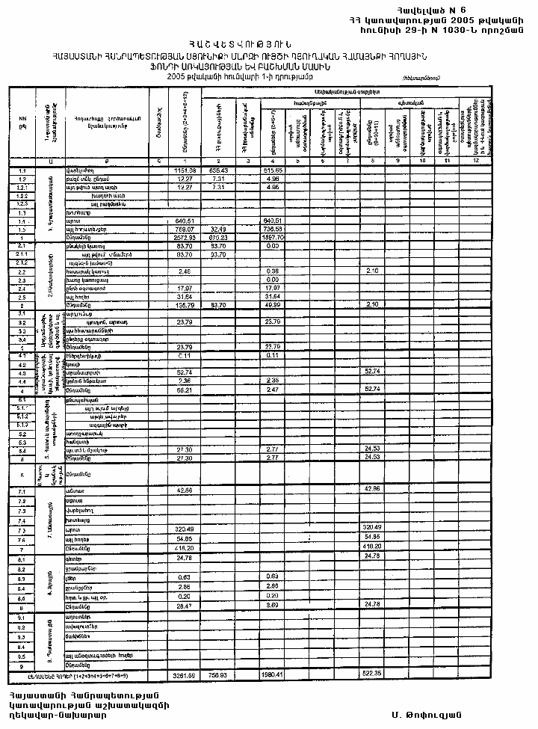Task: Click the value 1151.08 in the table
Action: (x=184, y=171)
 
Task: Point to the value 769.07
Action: (x=185, y=229)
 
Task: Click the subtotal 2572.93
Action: (x=184, y=237)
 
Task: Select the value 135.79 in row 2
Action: (x=185, y=305)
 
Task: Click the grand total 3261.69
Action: (x=184, y=675)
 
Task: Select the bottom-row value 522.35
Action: (x=371, y=675)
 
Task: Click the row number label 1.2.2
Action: (x=22, y=195)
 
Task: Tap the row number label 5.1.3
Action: (x=22, y=424)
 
